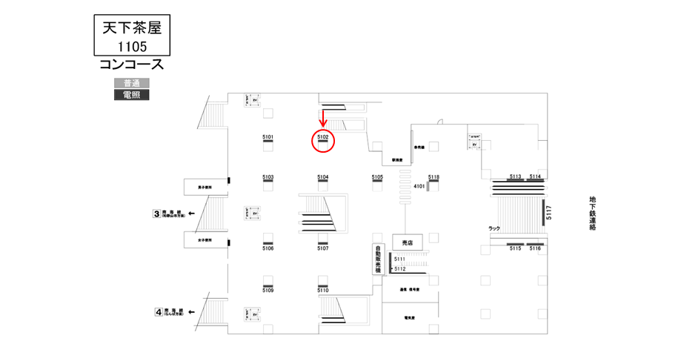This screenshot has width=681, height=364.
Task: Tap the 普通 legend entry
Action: point(132,82)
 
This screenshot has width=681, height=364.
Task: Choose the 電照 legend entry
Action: point(132,94)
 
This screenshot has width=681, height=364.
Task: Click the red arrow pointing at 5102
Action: point(323,116)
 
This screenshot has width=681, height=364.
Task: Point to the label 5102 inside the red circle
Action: point(323,137)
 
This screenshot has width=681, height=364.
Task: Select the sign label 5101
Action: point(268,137)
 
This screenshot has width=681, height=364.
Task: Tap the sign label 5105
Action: point(377,177)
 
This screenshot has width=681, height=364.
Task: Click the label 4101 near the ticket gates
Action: point(419,186)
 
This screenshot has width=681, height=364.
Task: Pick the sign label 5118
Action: point(434,177)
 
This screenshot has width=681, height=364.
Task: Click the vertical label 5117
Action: point(549,212)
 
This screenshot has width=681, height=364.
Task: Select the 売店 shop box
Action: point(407,242)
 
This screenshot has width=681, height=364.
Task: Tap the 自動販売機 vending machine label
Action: point(377,259)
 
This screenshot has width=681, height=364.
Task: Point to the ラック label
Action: point(494,228)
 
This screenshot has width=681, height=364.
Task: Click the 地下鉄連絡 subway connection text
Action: point(593,214)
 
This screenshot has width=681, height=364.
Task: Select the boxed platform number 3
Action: point(156,214)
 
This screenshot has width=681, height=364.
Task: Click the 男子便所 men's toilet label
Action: point(205,188)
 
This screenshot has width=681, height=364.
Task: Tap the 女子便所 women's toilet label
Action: point(205,240)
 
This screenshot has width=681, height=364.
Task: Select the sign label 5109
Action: point(268,290)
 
